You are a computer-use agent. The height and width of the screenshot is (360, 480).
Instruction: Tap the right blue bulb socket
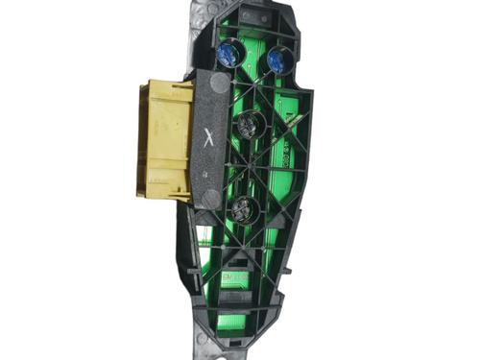[x=278, y=60]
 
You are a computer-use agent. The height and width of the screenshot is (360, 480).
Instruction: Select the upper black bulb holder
[x=250, y=125]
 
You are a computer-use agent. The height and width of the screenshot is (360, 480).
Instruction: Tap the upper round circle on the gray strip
[x=217, y=84]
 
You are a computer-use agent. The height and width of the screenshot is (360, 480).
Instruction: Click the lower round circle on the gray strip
[x=210, y=199]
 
